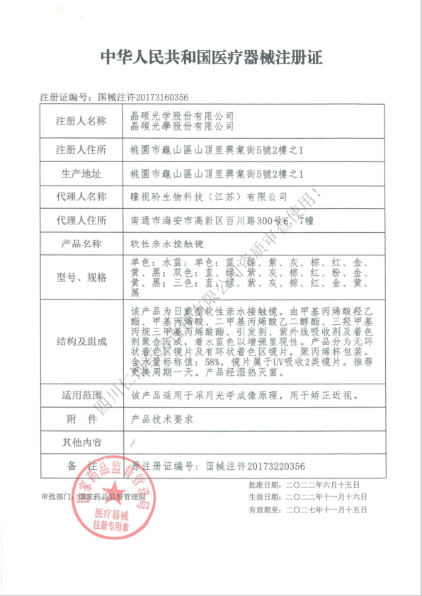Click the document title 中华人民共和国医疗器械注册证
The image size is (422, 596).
point(211,57)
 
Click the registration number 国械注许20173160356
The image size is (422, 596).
point(143,96)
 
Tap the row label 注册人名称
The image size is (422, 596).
point(81,121)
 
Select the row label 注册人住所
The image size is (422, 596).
point(81,149)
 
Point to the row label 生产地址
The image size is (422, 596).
point(81,173)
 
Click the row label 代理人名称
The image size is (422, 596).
point(81,197)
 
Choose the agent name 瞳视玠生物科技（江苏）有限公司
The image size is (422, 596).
point(209,197)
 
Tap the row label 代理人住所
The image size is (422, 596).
point(81,221)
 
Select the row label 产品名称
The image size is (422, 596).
point(81,244)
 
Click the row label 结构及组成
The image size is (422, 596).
point(81,341)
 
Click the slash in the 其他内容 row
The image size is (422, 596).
point(134,442)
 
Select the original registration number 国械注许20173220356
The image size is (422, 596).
point(255,466)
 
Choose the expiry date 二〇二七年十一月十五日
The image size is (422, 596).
point(326,510)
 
